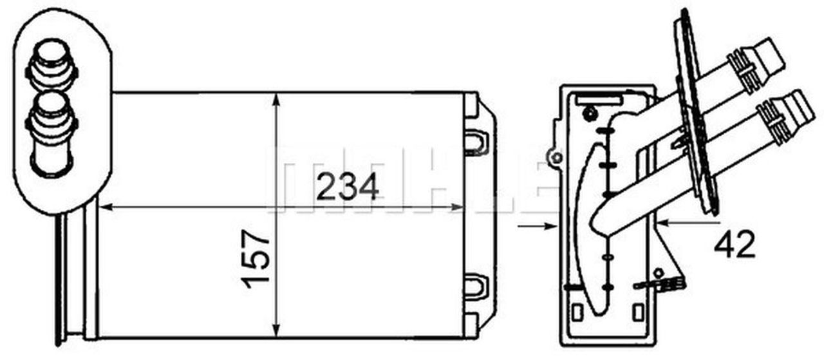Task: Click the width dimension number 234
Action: pyautogui.click(x=348, y=188)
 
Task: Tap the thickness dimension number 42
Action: pyautogui.click(x=734, y=245)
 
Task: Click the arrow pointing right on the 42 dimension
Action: pyautogui.click(x=551, y=226)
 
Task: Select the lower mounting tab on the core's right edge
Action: pyautogui.click(x=476, y=283)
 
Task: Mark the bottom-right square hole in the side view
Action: pyautogui.click(x=638, y=312)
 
